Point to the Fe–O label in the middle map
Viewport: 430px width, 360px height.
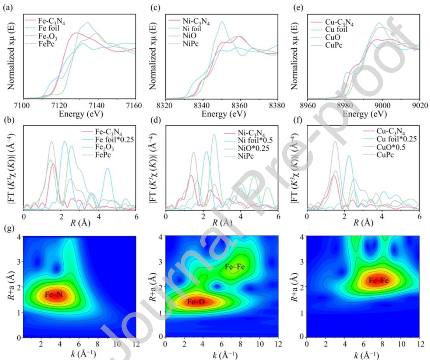point(195,302)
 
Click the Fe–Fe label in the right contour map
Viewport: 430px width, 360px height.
point(377,280)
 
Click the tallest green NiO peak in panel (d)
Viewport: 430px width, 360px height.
point(214,135)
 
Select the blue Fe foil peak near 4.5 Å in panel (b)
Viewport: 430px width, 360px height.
point(108,169)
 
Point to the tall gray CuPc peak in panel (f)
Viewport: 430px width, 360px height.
point(335,142)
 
